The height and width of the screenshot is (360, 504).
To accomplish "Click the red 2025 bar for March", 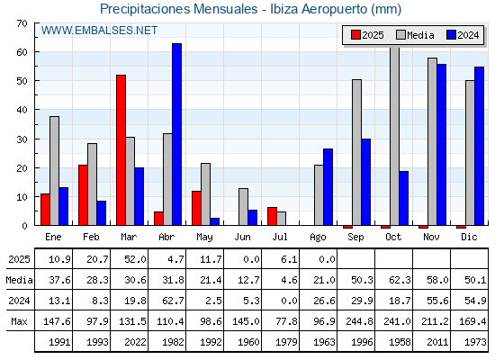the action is (121, 149).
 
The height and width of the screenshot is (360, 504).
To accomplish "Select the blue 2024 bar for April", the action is (176, 134).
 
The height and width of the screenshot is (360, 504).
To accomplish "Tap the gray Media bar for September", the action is (356, 152).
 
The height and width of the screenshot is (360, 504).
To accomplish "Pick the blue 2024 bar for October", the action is (404, 198).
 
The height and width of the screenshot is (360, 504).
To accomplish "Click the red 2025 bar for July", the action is (272, 216).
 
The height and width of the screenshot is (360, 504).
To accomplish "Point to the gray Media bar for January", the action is (54, 171).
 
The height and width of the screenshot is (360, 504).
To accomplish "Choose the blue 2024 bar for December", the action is (479, 146).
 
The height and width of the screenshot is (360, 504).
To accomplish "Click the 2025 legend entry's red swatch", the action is (355, 35).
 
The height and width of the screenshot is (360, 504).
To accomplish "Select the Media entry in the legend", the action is (415, 35).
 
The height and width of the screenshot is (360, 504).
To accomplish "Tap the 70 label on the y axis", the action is (22, 23).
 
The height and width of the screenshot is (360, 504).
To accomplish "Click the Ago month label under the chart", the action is (318, 238).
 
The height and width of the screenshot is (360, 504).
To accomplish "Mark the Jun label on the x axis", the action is (242, 237).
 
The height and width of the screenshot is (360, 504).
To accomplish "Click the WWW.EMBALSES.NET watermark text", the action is (99, 31).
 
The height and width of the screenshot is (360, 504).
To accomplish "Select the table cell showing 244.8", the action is (359, 321).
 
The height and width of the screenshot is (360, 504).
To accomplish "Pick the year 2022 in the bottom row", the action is (135, 342).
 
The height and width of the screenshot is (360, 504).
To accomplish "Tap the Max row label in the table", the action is (19, 321).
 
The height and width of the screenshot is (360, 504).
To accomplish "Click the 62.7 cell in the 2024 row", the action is (173, 301).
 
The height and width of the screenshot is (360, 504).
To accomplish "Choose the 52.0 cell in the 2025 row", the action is (135, 259).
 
